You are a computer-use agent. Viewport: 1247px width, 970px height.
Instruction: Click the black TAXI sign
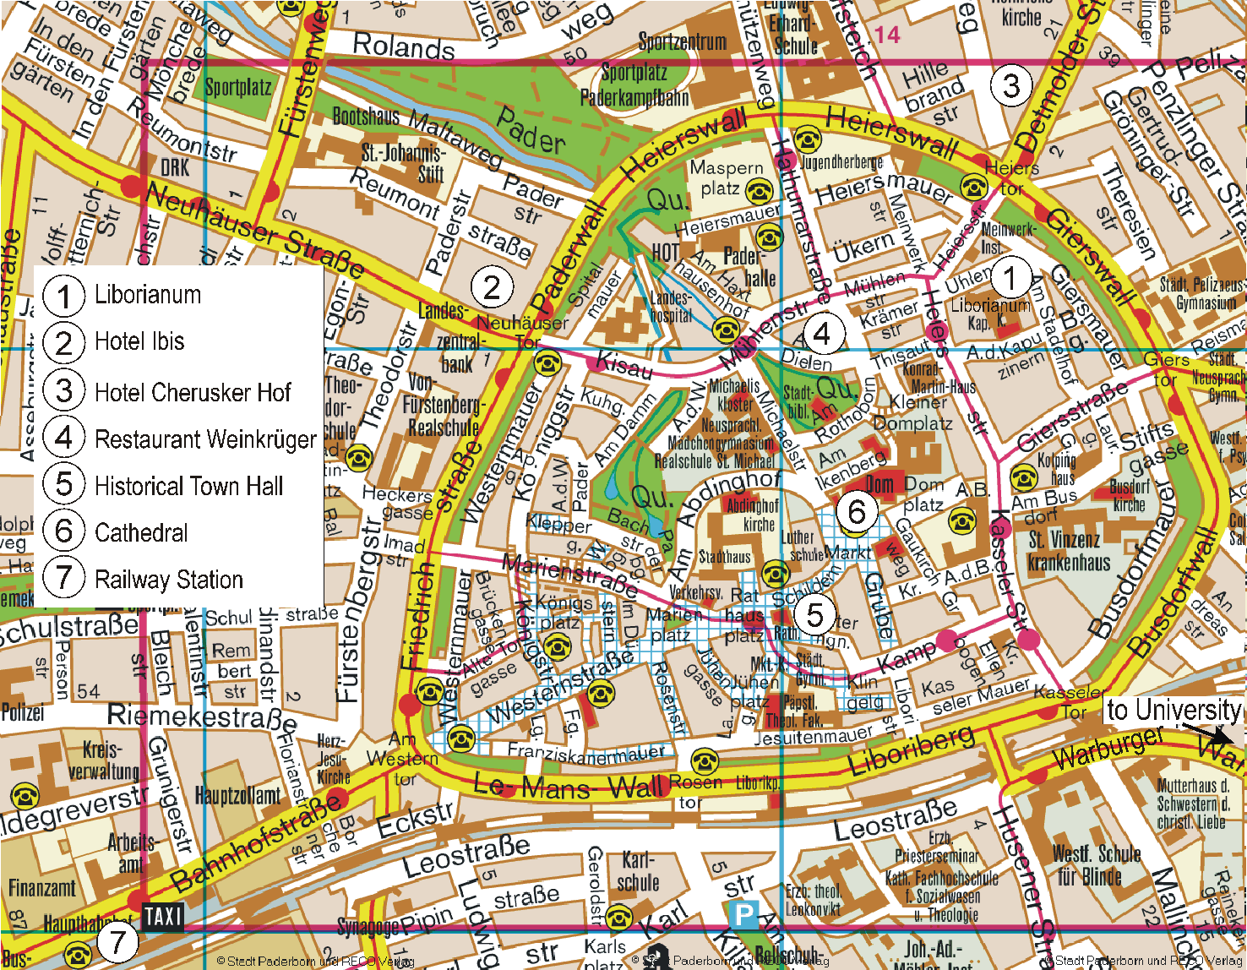point(163,916)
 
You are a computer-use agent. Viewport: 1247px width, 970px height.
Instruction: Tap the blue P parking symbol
point(743,914)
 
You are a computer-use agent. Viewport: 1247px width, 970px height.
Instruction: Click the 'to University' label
point(1173,710)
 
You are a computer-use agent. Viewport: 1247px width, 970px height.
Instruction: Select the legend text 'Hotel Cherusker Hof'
point(193,392)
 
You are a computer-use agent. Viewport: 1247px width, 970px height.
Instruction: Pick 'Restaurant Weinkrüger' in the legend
point(205,439)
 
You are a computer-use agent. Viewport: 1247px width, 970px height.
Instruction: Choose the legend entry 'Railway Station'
point(169,580)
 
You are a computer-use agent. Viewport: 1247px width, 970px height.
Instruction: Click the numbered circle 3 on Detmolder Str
point(1010,84)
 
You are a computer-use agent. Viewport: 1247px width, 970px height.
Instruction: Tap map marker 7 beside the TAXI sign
point(117,942)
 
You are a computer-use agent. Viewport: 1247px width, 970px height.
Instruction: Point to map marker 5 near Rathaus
point(814,614)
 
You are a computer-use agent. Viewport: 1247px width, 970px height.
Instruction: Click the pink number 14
point(887,35)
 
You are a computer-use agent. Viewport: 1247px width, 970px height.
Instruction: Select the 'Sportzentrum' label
point(682,41)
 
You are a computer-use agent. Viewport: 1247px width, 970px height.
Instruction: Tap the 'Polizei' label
point(23,711)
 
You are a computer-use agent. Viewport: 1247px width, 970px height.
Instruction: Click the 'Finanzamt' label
point(42,888)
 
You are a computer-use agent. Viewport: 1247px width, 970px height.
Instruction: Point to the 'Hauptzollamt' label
point(237,795)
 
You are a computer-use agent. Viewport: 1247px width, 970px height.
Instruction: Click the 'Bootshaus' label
point(366,116)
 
